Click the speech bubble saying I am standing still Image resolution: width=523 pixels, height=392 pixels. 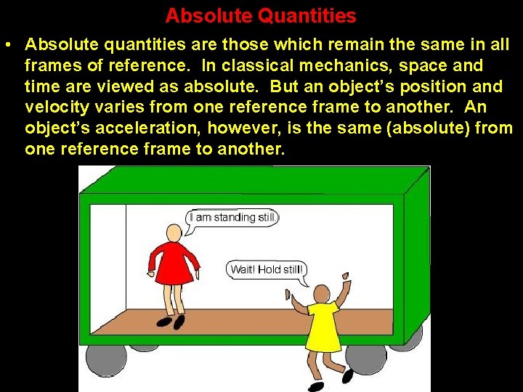coord(231,218)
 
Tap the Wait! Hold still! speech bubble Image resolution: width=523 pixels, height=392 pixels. coord(266,270)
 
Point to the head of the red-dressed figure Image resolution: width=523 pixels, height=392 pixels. coord(174,232)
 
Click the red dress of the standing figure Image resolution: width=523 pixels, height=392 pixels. coord(174,263)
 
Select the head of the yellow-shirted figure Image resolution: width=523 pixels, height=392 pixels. coord(321,294)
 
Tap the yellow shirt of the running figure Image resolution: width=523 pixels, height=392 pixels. coord(321,327)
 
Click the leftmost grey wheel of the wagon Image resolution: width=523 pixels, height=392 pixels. coord(106,359)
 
